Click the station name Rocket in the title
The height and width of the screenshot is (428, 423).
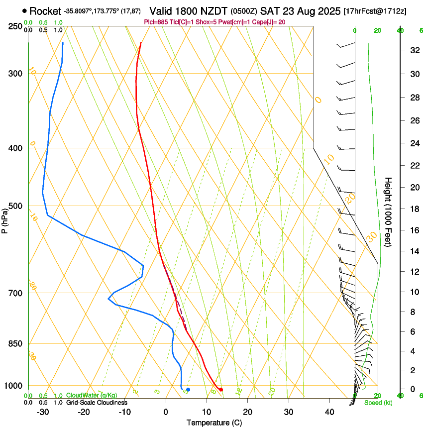[45, 10]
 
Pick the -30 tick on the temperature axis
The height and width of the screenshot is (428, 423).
[43, 412]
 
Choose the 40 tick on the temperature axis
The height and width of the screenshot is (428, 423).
[329, 412]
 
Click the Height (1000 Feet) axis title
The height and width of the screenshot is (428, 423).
[389, 212]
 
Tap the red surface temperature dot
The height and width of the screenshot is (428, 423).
[221, 390]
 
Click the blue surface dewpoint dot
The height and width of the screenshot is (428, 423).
[188, 390]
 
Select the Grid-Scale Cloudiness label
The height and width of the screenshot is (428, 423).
[97, 403]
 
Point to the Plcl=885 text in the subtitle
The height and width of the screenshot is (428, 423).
[156, 22]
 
